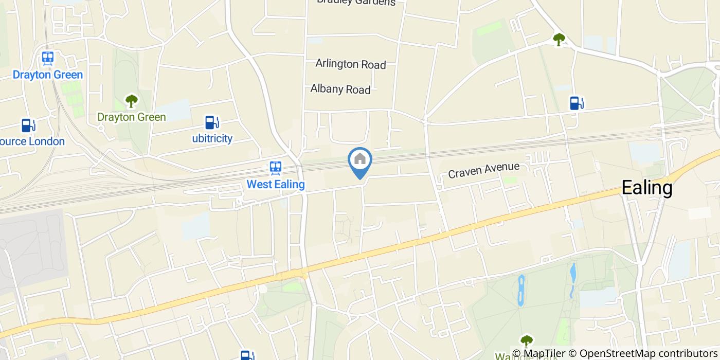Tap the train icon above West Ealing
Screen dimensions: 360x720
[276, 168]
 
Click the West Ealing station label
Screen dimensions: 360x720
[276, 184]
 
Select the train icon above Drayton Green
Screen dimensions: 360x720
[48, 58]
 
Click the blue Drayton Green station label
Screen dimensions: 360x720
[48, 75]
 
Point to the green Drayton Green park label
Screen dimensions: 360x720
[132, 117]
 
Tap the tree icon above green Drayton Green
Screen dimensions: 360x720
[132, 100]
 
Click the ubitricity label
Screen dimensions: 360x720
[212, 138]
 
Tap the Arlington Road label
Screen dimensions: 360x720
[350, 64]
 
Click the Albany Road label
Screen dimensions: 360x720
[340, 89]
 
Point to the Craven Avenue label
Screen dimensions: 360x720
[484, 170]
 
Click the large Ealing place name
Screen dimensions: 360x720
[647, 188]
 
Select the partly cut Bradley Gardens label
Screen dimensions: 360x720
[356, 2]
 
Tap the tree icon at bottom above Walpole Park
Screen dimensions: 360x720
[526, 340]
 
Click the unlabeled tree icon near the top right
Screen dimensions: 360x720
[559, 39]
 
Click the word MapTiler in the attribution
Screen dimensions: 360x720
[542, 353]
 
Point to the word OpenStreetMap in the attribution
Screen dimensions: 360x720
[611, 353]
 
